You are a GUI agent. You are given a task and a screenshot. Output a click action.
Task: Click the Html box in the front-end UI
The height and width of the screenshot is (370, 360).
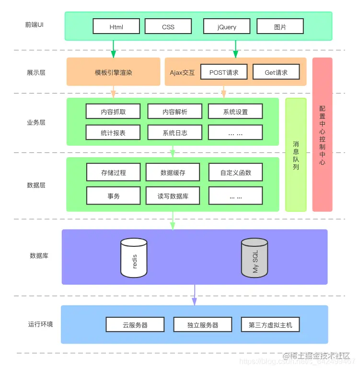[x=116, y=26]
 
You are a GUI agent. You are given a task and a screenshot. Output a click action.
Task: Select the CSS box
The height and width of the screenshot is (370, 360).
[x=168, y=26]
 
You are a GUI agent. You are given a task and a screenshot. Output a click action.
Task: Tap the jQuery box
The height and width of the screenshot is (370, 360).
[x=227, y=26]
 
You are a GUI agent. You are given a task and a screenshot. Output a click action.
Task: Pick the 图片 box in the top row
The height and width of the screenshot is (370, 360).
[x=280, y=26]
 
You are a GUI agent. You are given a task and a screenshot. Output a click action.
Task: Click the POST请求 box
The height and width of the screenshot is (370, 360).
[x=224, y=72]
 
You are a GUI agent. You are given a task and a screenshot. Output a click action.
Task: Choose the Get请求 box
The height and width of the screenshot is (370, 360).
[x=276, y=72]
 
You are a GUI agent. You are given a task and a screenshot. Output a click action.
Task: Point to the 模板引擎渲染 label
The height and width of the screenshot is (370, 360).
[x=113, y=72]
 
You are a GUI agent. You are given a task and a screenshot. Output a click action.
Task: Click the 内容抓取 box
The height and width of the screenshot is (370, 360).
[x=113, y=112]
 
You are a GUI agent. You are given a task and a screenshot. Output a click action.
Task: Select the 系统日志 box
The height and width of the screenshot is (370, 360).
[x=174, y=132]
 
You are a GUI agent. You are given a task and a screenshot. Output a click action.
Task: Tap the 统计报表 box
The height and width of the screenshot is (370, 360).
[x=113, y=132]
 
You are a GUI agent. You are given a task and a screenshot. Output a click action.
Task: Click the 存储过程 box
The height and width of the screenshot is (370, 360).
[x=113, y=172]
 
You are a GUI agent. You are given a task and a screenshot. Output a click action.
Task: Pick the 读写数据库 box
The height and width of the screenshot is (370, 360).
[x=173, y=196]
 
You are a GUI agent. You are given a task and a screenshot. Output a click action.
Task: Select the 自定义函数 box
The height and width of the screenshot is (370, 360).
[x=235, y=172]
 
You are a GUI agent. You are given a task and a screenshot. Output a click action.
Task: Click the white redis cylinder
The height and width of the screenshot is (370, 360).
[x=134, y=258]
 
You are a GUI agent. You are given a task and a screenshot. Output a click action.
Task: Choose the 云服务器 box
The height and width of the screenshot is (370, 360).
[x=135, y=324]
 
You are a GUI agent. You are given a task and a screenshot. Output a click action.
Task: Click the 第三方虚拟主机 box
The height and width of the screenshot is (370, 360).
[x=270, y=324]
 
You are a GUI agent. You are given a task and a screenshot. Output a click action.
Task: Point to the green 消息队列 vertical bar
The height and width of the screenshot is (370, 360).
[x=296, y=155]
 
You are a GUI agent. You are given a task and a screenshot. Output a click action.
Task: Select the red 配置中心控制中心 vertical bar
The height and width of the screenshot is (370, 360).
[x=322, y=135]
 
